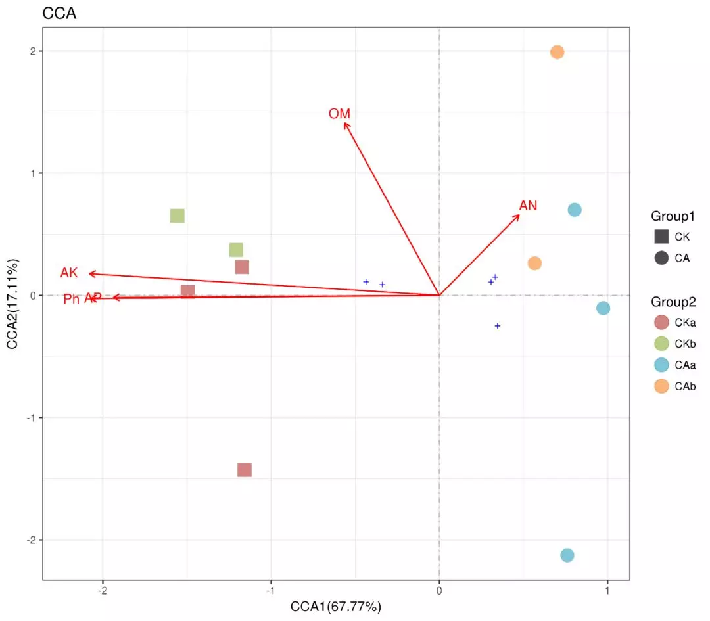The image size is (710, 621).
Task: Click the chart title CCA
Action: (x=59, y=13)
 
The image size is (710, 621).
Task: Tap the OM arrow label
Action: (x=339, y=114)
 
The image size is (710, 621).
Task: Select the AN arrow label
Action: (x=528, y=206)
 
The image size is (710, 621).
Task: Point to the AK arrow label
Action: (x=69, y=273)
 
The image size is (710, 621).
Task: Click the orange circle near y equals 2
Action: (x=557, y=52)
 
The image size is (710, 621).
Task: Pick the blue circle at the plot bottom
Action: (x=567, y=555)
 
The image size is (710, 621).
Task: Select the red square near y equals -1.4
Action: (x=245, y=470)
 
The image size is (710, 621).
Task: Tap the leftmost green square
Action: (x=177, y=216)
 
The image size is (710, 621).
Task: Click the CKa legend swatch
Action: (x=661, y=323)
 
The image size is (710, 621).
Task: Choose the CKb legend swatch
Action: (x=661, y=344)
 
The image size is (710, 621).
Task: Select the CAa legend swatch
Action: (x=661, y=365)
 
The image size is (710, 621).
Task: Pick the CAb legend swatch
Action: (x=661, y=386)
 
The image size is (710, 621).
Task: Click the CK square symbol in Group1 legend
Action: (x=661, y=237)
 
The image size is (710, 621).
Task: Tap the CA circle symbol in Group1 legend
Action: (x=661, y=258)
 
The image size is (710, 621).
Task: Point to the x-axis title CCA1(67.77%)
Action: (x=336, y=606)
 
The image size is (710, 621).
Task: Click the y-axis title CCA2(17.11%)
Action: (x=14, y=304)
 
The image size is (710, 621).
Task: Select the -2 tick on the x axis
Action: (x=103, y=591)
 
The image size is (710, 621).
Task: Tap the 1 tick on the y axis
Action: (x=32, y=173)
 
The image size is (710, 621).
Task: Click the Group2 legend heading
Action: (x=673, y=302)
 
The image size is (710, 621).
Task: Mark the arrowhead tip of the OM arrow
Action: (x=344, y=123)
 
